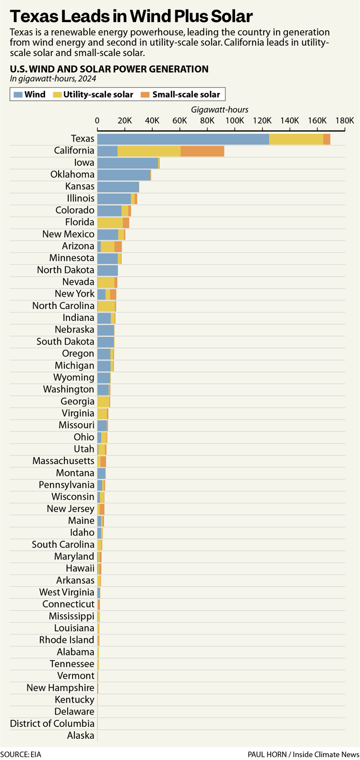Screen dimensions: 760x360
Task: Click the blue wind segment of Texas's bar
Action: (182, 139)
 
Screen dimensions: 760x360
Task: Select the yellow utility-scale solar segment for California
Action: (149, 151)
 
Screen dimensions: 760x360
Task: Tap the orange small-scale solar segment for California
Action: (202, 151)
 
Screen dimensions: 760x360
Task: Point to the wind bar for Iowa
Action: (128, 163)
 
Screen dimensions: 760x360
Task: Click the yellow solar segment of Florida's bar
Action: (110, 223)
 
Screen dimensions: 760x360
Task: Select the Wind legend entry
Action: (30, 95)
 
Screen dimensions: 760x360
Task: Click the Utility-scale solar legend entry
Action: (93, 95)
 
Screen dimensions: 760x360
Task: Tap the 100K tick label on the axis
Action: (235, 120)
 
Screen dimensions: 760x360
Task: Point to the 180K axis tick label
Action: (345, 120)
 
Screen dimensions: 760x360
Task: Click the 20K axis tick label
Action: (125, 120)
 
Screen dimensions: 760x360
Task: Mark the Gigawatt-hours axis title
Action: (220, 110)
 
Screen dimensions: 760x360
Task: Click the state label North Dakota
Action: (66, 270)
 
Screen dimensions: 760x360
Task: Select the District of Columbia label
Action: (52, 724)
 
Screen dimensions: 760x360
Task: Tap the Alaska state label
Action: (81, 736)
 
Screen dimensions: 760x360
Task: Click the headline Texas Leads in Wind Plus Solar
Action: (131, 17)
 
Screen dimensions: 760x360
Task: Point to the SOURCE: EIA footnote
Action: (21, 754)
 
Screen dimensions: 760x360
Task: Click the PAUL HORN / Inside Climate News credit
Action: (303, 754)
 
